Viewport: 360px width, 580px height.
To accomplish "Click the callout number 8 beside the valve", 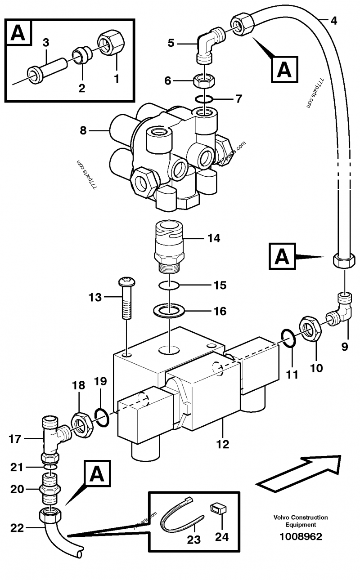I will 82,131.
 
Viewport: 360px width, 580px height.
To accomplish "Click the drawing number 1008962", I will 301,537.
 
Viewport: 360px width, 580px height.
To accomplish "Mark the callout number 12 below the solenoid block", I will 222,445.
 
